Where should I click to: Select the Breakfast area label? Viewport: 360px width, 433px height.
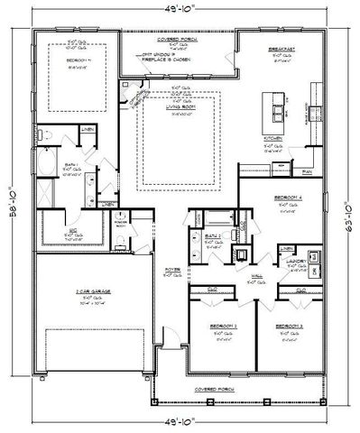pyautogui.click(x=277, y=50)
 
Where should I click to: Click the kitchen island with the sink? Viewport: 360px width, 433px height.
pyautogui.click(x=270, y=106)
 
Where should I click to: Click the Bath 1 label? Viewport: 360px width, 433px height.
pyautogui.click(x=71, y=165)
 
